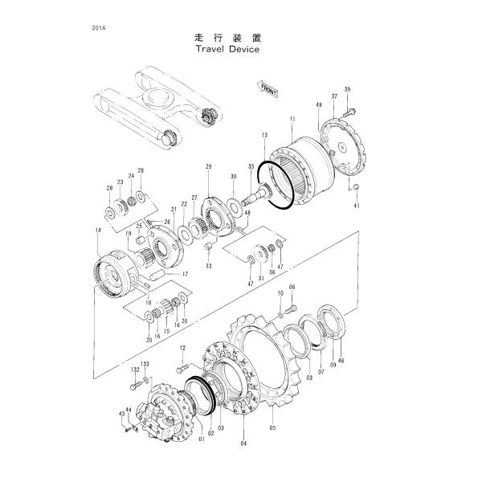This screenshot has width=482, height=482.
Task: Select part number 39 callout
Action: coord(348,88)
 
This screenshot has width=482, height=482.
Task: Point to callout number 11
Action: coord(292,119)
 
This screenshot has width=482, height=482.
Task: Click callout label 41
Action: coord(356,206)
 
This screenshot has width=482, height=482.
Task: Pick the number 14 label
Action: coord(97,231)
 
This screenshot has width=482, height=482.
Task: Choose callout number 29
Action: coord(208,166)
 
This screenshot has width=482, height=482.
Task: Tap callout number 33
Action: coord(208,265)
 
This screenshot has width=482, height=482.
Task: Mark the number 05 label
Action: coord(272,427)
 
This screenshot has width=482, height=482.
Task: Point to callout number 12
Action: coord(182,347)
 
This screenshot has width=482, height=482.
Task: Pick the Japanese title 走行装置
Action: coord(229,37)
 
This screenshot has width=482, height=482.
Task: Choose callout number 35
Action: coord(251,166)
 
